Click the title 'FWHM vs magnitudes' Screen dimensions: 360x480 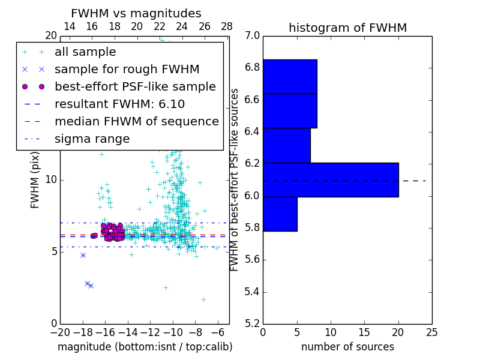[x=136, y=13]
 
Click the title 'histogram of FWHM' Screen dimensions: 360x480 [x=347, y=28]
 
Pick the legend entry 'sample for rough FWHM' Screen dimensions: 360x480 [x=127, y=69]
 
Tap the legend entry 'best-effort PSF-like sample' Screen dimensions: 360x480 [x=135, y=86]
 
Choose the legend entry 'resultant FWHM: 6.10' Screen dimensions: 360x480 [x=119, y=104]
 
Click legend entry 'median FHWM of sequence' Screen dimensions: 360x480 [x=136, y=121]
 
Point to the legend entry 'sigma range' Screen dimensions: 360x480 [x=92, y=139]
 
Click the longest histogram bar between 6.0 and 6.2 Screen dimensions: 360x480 [x=331, y=179]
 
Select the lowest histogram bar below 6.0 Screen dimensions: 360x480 [x=280, y=214]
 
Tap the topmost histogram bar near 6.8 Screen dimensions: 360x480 [x=290, y=76]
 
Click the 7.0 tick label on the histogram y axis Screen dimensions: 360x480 [x=253, y=35]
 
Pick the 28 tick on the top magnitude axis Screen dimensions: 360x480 [x=227, y=26]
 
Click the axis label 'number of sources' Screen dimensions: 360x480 [x=347, y=347]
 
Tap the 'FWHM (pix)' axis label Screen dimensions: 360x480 [x=35, y=179]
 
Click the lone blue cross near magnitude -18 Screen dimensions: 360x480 [x=83, y=255]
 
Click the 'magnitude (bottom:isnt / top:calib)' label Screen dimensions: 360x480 [x=145, y=347]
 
